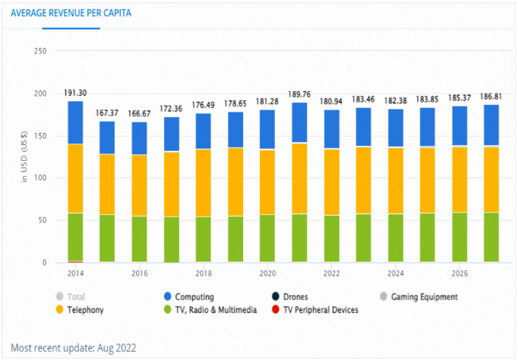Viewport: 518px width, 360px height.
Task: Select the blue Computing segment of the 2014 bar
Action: tap(76, 122)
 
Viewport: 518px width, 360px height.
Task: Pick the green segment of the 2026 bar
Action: tap(460, 237)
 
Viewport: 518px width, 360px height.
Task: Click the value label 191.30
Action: tap(75, 93)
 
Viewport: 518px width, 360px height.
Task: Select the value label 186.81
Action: tap(491, 97)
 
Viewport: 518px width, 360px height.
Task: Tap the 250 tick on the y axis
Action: tap(40, 51)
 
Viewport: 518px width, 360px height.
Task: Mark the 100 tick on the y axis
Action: tap(40, 178)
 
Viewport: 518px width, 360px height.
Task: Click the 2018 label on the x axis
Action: tap(203, 273)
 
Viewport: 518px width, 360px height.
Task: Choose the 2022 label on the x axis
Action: tap(331, 273)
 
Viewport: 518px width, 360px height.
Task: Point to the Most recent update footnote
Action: tap(74, 347)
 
